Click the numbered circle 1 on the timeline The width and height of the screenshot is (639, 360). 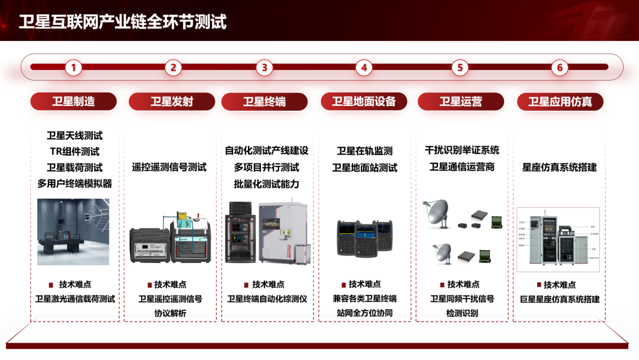[x=73, y=67]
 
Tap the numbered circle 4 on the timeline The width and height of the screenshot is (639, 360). [x=364, y=67]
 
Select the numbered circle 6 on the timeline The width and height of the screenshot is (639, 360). [x=560, y=67]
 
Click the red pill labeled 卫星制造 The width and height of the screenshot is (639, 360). [x=73, y=101]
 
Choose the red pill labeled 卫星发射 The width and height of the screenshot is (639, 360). [x=172, y=101]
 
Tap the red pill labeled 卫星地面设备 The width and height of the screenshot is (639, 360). [x=364, y=101]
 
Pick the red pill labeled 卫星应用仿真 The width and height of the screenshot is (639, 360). [x=560, y=101]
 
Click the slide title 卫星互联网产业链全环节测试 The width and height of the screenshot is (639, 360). [x=122, y=22]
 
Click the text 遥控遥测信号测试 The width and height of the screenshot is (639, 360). [x=169, y=168]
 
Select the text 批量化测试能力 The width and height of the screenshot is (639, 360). [x=266, y=184]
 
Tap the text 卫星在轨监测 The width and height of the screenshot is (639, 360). [x=364, y=152]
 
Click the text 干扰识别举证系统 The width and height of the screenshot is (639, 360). [x=462, y=150]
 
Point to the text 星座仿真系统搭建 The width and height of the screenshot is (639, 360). [x=560, y=168]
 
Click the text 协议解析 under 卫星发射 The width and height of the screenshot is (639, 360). [x=170, y=313]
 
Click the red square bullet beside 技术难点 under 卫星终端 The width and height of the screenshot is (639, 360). [x=246, y=285]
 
